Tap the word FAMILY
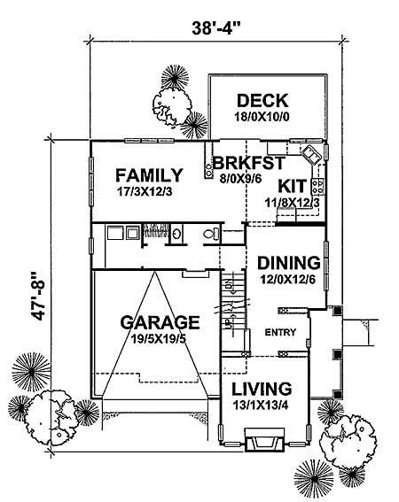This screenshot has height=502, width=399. [x=150, y=174]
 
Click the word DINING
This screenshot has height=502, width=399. [x=287, y=263]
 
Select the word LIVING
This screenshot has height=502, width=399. [x=262, y=389]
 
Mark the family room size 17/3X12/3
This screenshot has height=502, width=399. [x=149, y=190]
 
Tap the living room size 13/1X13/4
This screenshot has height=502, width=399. [x=262, y=405]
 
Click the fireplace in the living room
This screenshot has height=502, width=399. [x=263, y=441]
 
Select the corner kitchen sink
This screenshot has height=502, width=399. [x=310, y=157]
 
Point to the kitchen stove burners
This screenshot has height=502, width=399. [x=323, y=186]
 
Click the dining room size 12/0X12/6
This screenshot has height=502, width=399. [x=286, y=280]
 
